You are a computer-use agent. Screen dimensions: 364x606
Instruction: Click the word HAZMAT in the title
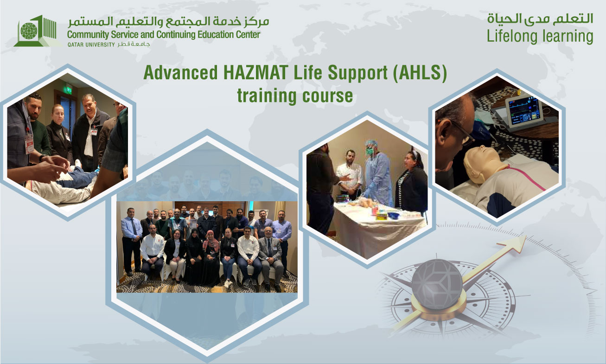(246, 73)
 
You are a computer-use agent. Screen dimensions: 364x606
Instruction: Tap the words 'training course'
(294, 96)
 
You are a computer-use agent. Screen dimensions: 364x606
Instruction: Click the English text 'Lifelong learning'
(540, 36)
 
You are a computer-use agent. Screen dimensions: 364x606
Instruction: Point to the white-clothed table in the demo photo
(378, 227)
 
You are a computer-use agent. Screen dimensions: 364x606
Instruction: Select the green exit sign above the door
(68, 88)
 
